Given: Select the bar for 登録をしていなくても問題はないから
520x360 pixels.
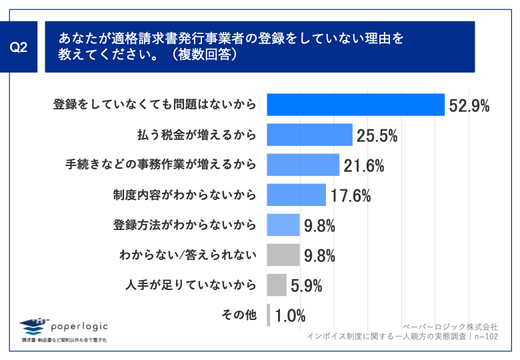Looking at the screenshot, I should tap(355, 105).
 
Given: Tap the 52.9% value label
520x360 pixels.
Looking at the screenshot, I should tap(469, 105).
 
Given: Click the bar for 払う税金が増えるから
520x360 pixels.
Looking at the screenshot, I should tap(309, 135).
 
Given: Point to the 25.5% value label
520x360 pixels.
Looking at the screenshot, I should tap(377, 135).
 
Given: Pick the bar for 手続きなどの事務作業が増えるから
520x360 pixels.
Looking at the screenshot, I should tap(303, 165).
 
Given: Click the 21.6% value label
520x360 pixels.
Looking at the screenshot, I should tap(364, 165).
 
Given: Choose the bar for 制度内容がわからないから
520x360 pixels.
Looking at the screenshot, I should tap(296, 195).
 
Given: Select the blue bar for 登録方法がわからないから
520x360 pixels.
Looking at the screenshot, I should tap(283, 225).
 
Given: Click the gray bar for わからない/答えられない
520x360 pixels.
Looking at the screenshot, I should tap(283, 255).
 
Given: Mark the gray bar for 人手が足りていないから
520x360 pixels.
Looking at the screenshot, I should tap(276, 285).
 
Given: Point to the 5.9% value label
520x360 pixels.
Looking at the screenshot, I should tap(307, 286).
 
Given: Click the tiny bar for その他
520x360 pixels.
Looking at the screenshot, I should tap(268, 315).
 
